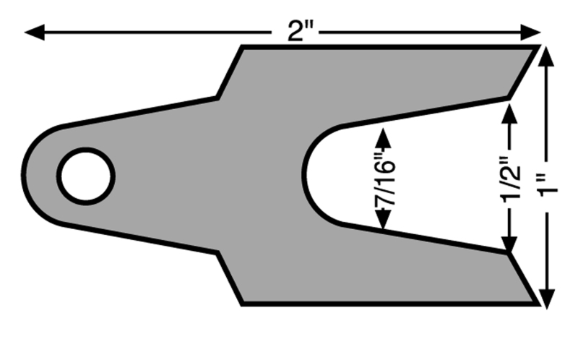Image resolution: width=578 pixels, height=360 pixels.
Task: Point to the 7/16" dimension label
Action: pyautogui.click(x=382, y=179)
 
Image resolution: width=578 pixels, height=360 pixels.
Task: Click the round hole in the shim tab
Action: pyautogui.click(x=86, y=176)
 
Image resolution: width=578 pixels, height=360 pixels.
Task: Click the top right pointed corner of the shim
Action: pyautogui.click(x=538, y=47)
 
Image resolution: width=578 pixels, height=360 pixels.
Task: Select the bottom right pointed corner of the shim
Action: pyautogui.click(x=538, y=304)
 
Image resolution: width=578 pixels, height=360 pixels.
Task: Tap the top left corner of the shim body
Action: pyautogui.click(x=241, y=47)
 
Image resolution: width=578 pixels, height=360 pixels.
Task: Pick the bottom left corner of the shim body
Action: pyautogui.click(x=241, y=304)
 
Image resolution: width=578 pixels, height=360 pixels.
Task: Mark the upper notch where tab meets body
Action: pyautogui.click(x=218, y=98)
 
